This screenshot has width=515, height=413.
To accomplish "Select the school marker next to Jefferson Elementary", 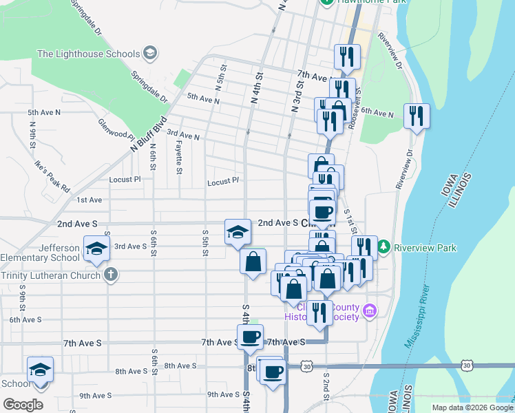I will tap(96, 248).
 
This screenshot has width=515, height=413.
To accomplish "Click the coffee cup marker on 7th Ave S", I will tap(250, 337).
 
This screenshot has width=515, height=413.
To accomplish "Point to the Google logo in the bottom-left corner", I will tap(23, 404).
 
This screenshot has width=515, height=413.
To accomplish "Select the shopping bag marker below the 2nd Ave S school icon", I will tap(253, 261).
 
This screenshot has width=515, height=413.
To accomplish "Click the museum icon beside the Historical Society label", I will tap(370, 311).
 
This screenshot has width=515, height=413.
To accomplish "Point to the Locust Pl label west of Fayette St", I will tap(125, 179).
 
